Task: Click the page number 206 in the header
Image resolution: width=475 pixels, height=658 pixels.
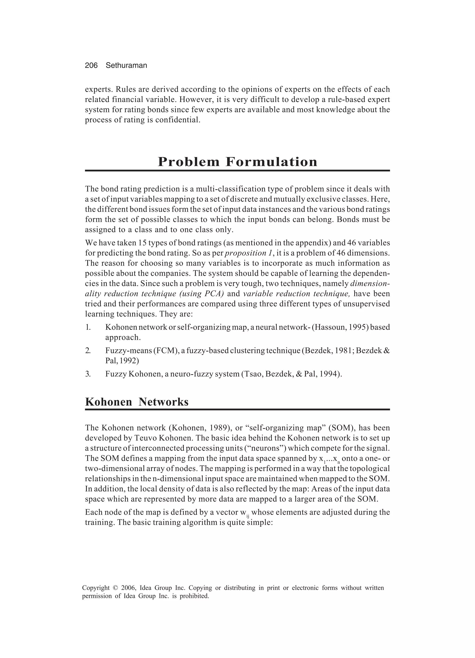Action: [x=91, y=66]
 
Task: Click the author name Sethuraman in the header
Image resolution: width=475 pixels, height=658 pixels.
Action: [x=126, y=66]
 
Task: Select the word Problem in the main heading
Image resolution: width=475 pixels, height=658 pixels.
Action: [x=189, y=162]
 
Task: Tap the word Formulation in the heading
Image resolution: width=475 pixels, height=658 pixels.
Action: [x=272, y=162]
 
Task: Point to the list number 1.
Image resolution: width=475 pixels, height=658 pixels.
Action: [x=88, y=327]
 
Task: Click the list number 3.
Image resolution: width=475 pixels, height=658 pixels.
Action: [x=88, y=374]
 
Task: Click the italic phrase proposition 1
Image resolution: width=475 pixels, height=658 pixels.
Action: [x=249, y=253]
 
